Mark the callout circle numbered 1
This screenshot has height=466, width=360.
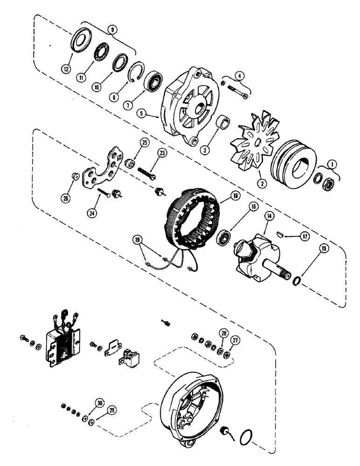(333, 164)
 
